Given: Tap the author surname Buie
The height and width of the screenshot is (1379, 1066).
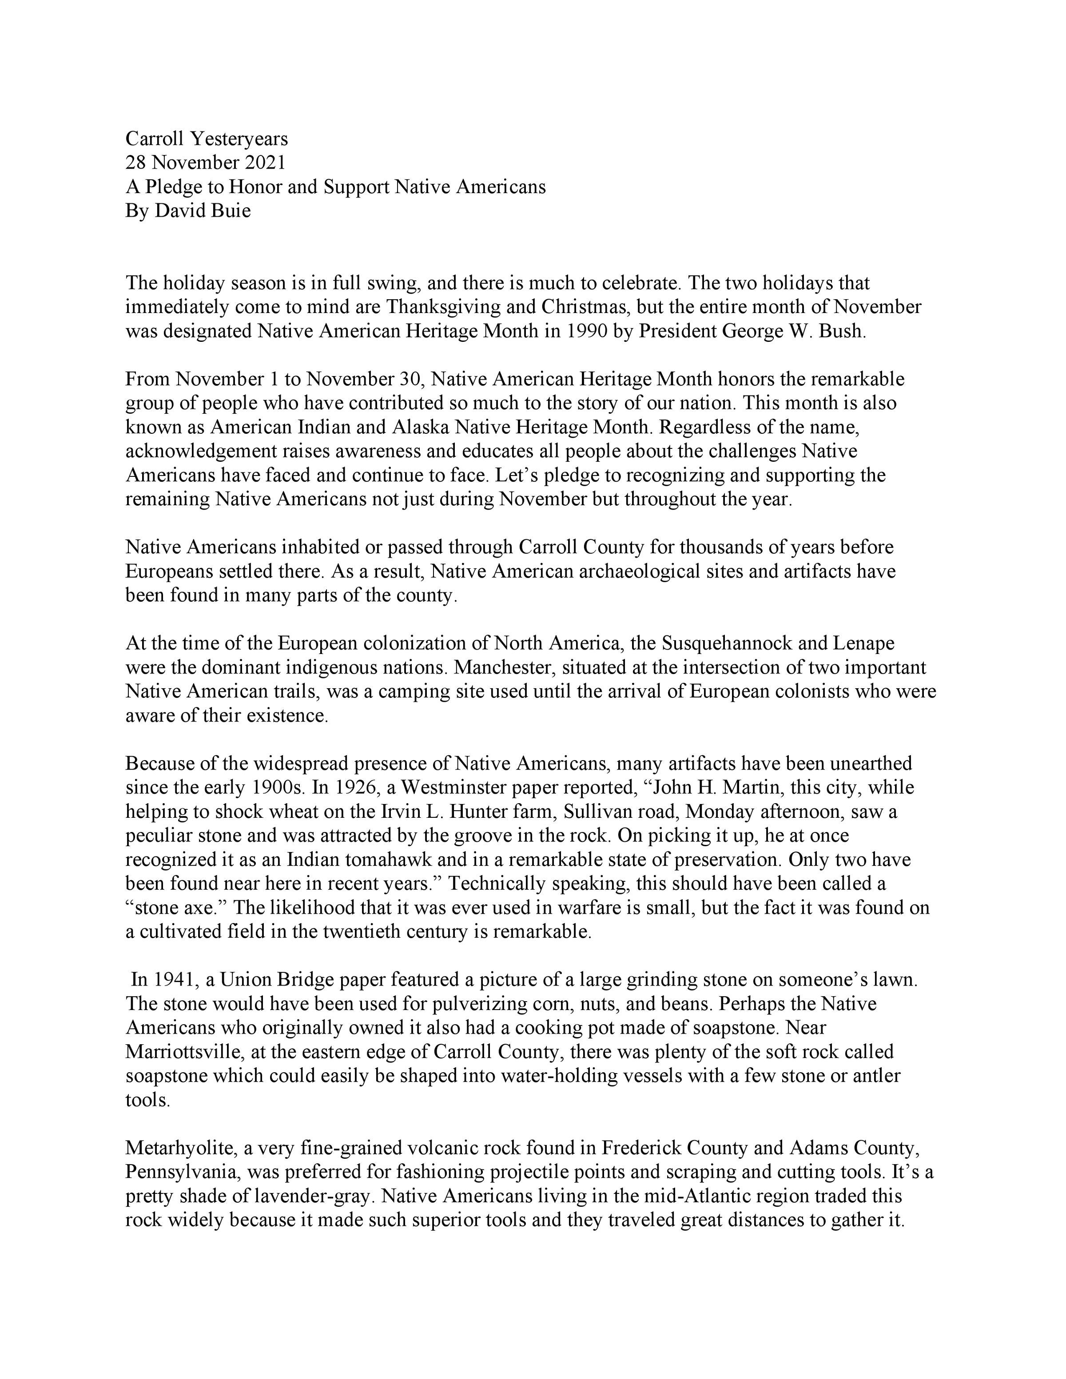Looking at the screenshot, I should click(x=230, y=210).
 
